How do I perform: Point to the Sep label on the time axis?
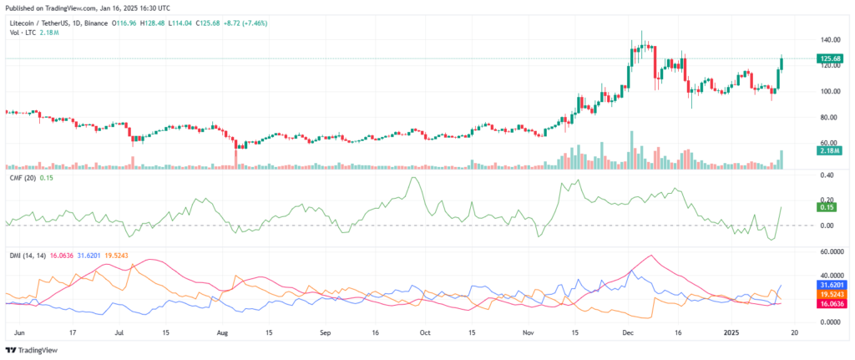click(326, 331)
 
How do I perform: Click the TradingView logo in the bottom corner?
click(33, 350)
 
